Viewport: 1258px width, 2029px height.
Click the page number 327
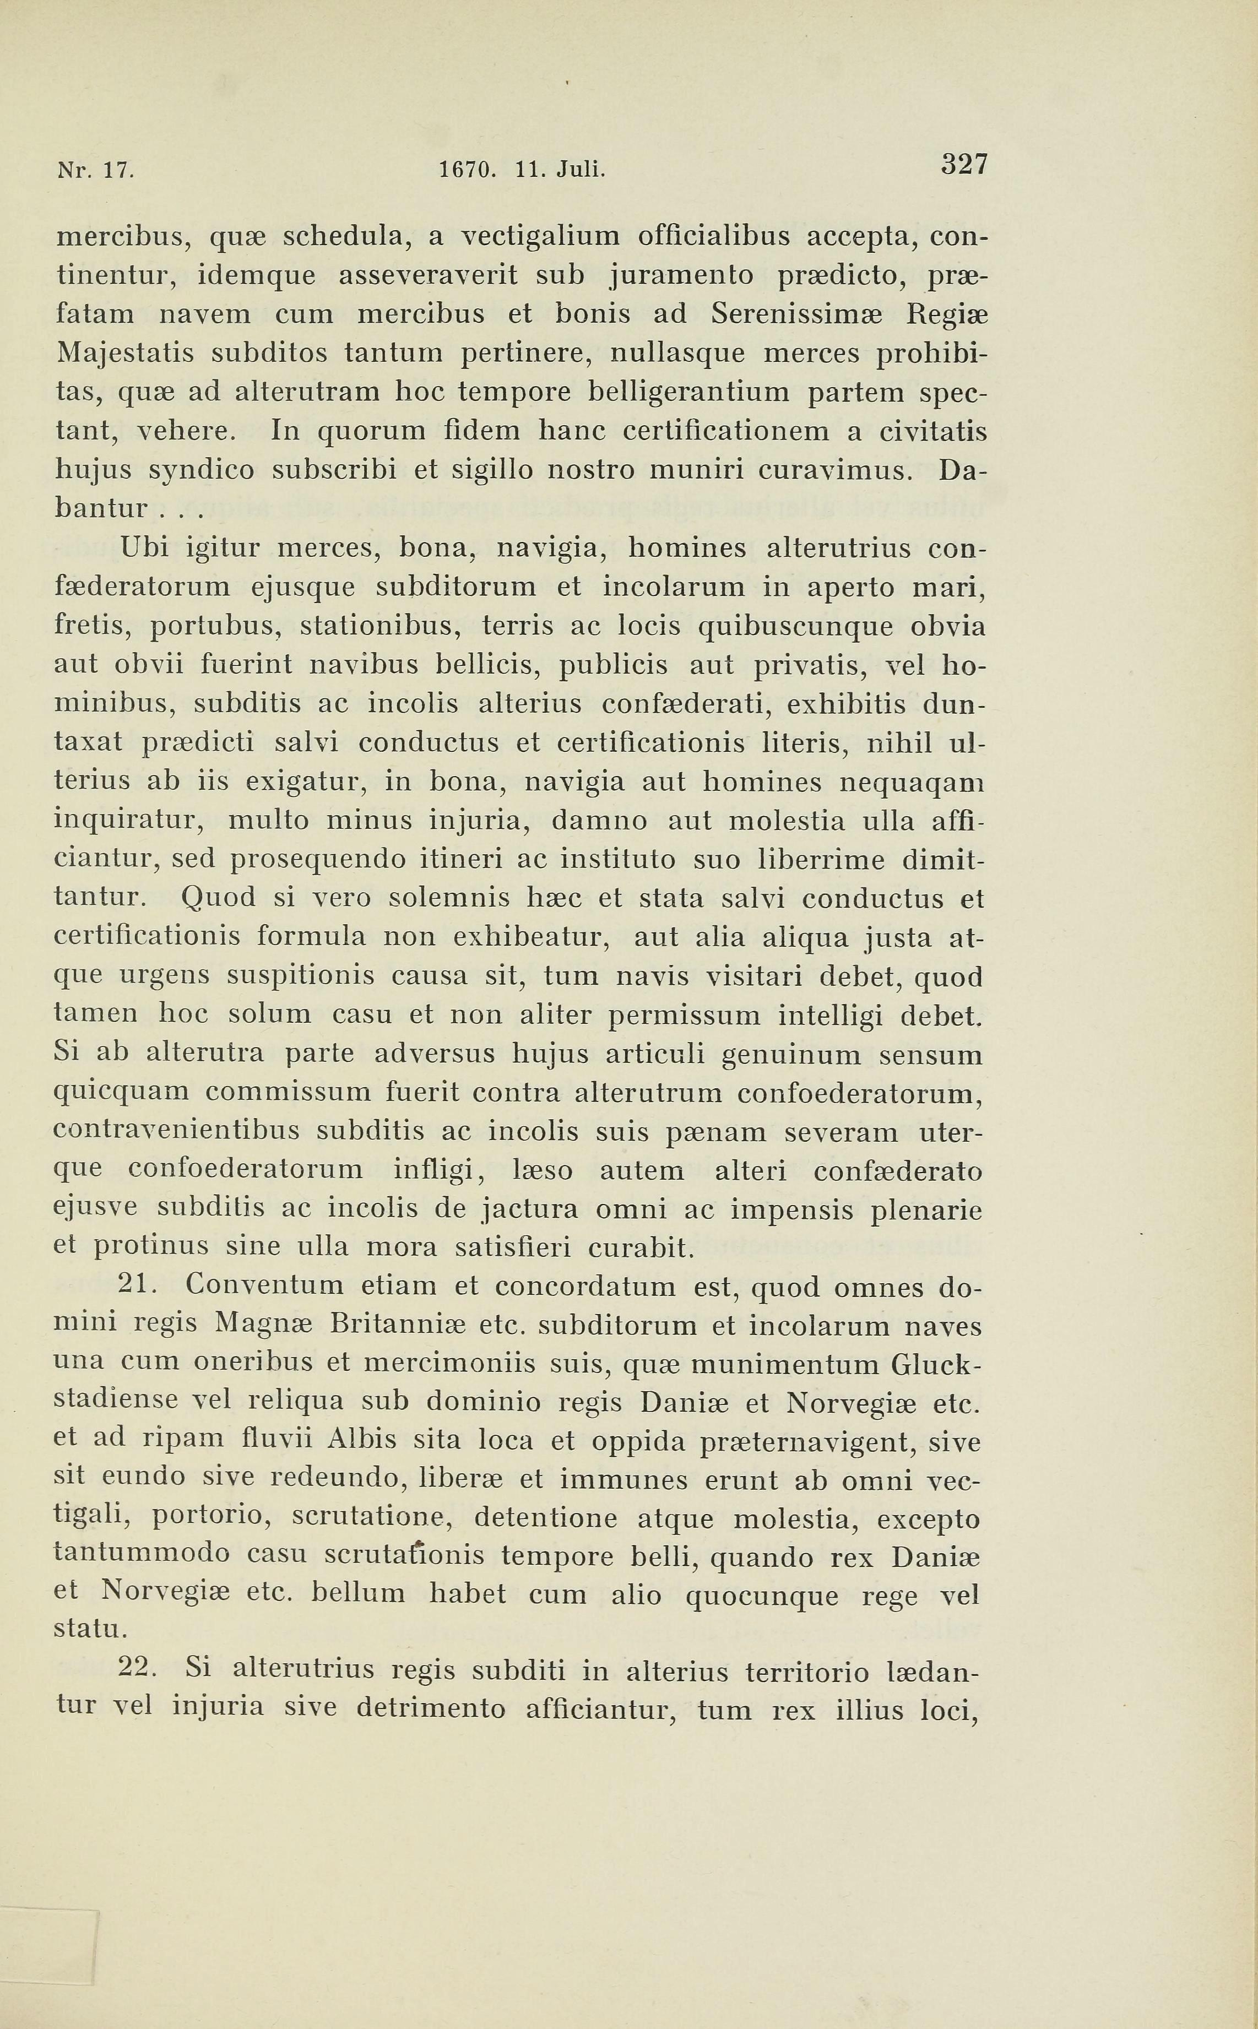(963, 164)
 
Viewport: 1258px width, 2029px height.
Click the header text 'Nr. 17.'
(94, 171)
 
